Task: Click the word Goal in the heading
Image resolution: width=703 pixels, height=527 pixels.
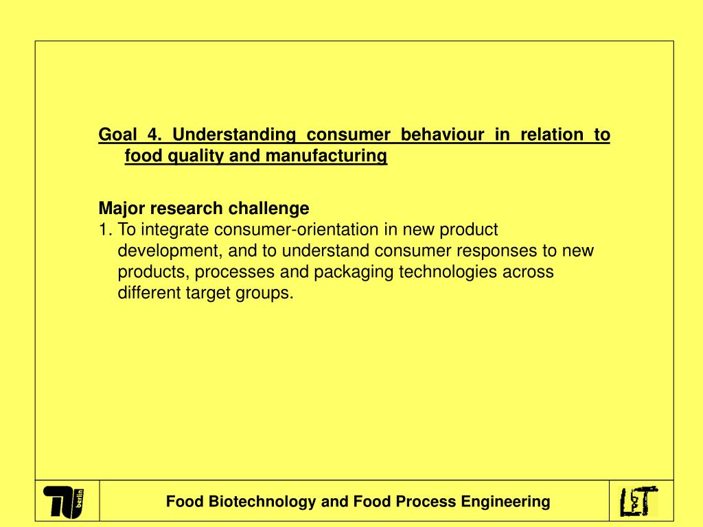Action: coord(116,134)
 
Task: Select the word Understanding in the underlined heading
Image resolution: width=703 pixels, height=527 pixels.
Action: coord(234,134)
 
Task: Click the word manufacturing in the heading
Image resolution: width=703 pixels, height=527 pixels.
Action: coord(326,156)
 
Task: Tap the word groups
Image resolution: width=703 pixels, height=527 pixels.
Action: coord(270,294)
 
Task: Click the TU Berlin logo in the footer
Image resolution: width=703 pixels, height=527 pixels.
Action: coord(66,502)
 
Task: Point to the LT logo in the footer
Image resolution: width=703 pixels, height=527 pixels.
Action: coord(638,502)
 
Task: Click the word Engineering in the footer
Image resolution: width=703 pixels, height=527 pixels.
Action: coord(505,502)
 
